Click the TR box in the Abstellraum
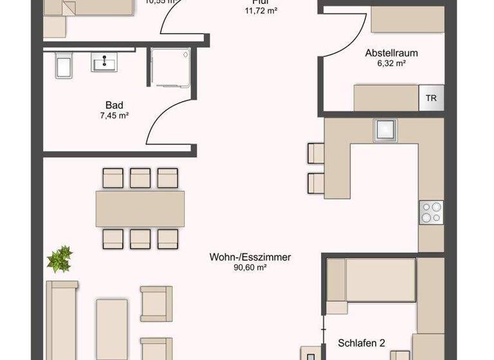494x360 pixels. (x=431, y=98)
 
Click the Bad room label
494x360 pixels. (x=114, y=105)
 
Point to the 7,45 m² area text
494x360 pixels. (x=114, y=116)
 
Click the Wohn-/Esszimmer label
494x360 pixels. (x=250, y=257)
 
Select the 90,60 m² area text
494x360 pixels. (x=250, y=268)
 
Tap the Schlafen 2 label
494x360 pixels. (x=361, y=343)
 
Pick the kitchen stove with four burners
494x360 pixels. (x=431, y=212)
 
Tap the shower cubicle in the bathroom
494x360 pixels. (x=171, y=67)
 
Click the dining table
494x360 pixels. (x=140, y=208)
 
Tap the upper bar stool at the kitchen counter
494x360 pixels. (x=316, y=153)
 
